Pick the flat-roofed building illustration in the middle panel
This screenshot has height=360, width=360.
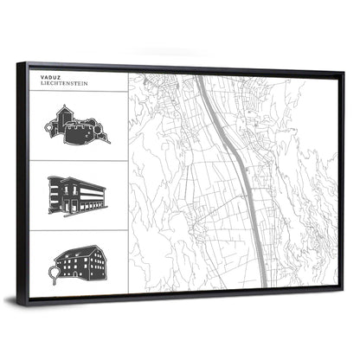(77, 195)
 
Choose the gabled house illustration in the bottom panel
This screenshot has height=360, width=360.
(79, 261)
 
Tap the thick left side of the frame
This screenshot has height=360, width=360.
(22, 182)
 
